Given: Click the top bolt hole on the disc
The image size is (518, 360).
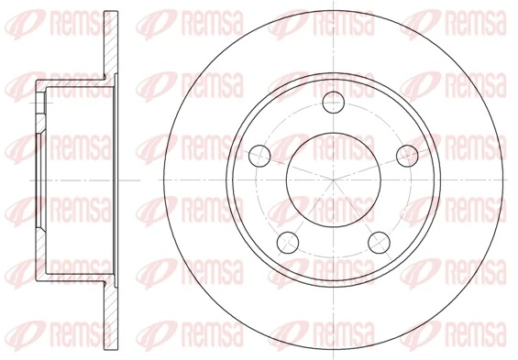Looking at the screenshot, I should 333,101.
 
